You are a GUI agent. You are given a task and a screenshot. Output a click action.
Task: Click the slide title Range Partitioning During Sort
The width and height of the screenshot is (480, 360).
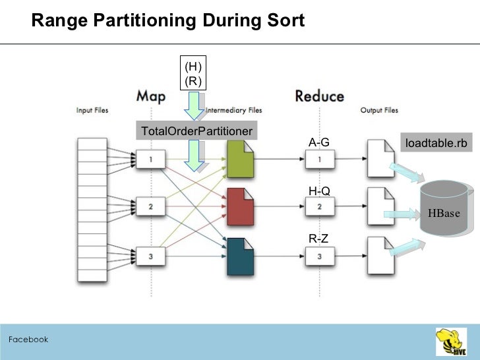(168, 21)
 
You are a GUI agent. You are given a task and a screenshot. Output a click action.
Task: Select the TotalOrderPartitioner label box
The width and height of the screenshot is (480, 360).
(196, 131)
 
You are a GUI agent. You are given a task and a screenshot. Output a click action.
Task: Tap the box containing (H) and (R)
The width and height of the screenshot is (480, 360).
(193, 74)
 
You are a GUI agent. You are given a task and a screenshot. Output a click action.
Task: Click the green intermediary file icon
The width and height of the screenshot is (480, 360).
(239, 158)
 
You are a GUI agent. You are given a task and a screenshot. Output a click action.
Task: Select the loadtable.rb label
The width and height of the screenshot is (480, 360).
(436, 143)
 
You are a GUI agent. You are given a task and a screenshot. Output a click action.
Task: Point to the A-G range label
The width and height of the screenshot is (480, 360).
(318, 142)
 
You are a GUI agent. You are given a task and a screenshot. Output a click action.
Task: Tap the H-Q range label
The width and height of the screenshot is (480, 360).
(319, 191)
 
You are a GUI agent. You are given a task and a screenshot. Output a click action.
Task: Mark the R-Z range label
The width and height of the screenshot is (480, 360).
(318, 239)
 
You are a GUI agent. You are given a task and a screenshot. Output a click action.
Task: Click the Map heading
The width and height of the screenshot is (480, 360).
(151, 96)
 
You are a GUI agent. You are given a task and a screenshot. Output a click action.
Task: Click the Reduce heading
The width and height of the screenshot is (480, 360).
(319, 96)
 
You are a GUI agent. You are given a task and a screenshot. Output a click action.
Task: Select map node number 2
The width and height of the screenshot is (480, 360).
(151, 207)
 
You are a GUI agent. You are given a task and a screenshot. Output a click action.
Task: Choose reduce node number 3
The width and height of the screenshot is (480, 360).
(320, 256)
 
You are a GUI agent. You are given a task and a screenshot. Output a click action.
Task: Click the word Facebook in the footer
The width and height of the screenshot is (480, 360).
(28, 340)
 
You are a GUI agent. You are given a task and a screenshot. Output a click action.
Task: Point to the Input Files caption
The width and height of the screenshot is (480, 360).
(92, 110)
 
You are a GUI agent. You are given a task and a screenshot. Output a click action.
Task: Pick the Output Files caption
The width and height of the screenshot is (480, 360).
(379, 110)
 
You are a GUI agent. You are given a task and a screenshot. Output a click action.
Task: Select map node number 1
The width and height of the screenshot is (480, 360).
(151, 159)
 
